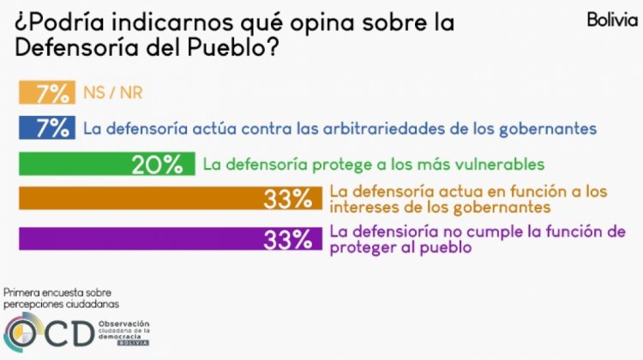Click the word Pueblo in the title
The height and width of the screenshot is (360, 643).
233,50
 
